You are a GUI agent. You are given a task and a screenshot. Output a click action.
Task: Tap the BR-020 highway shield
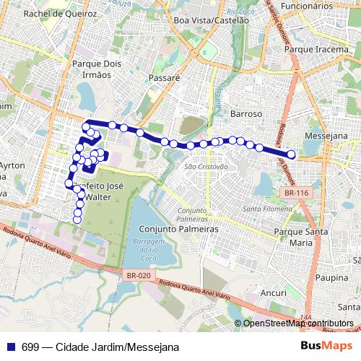[x=138, y=274]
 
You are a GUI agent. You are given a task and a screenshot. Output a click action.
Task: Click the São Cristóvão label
[x=206, y=167]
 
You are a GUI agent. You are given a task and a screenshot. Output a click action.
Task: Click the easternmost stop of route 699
[x=292, y=155]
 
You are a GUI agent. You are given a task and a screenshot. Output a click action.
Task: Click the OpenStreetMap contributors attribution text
[x=298, y=323]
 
